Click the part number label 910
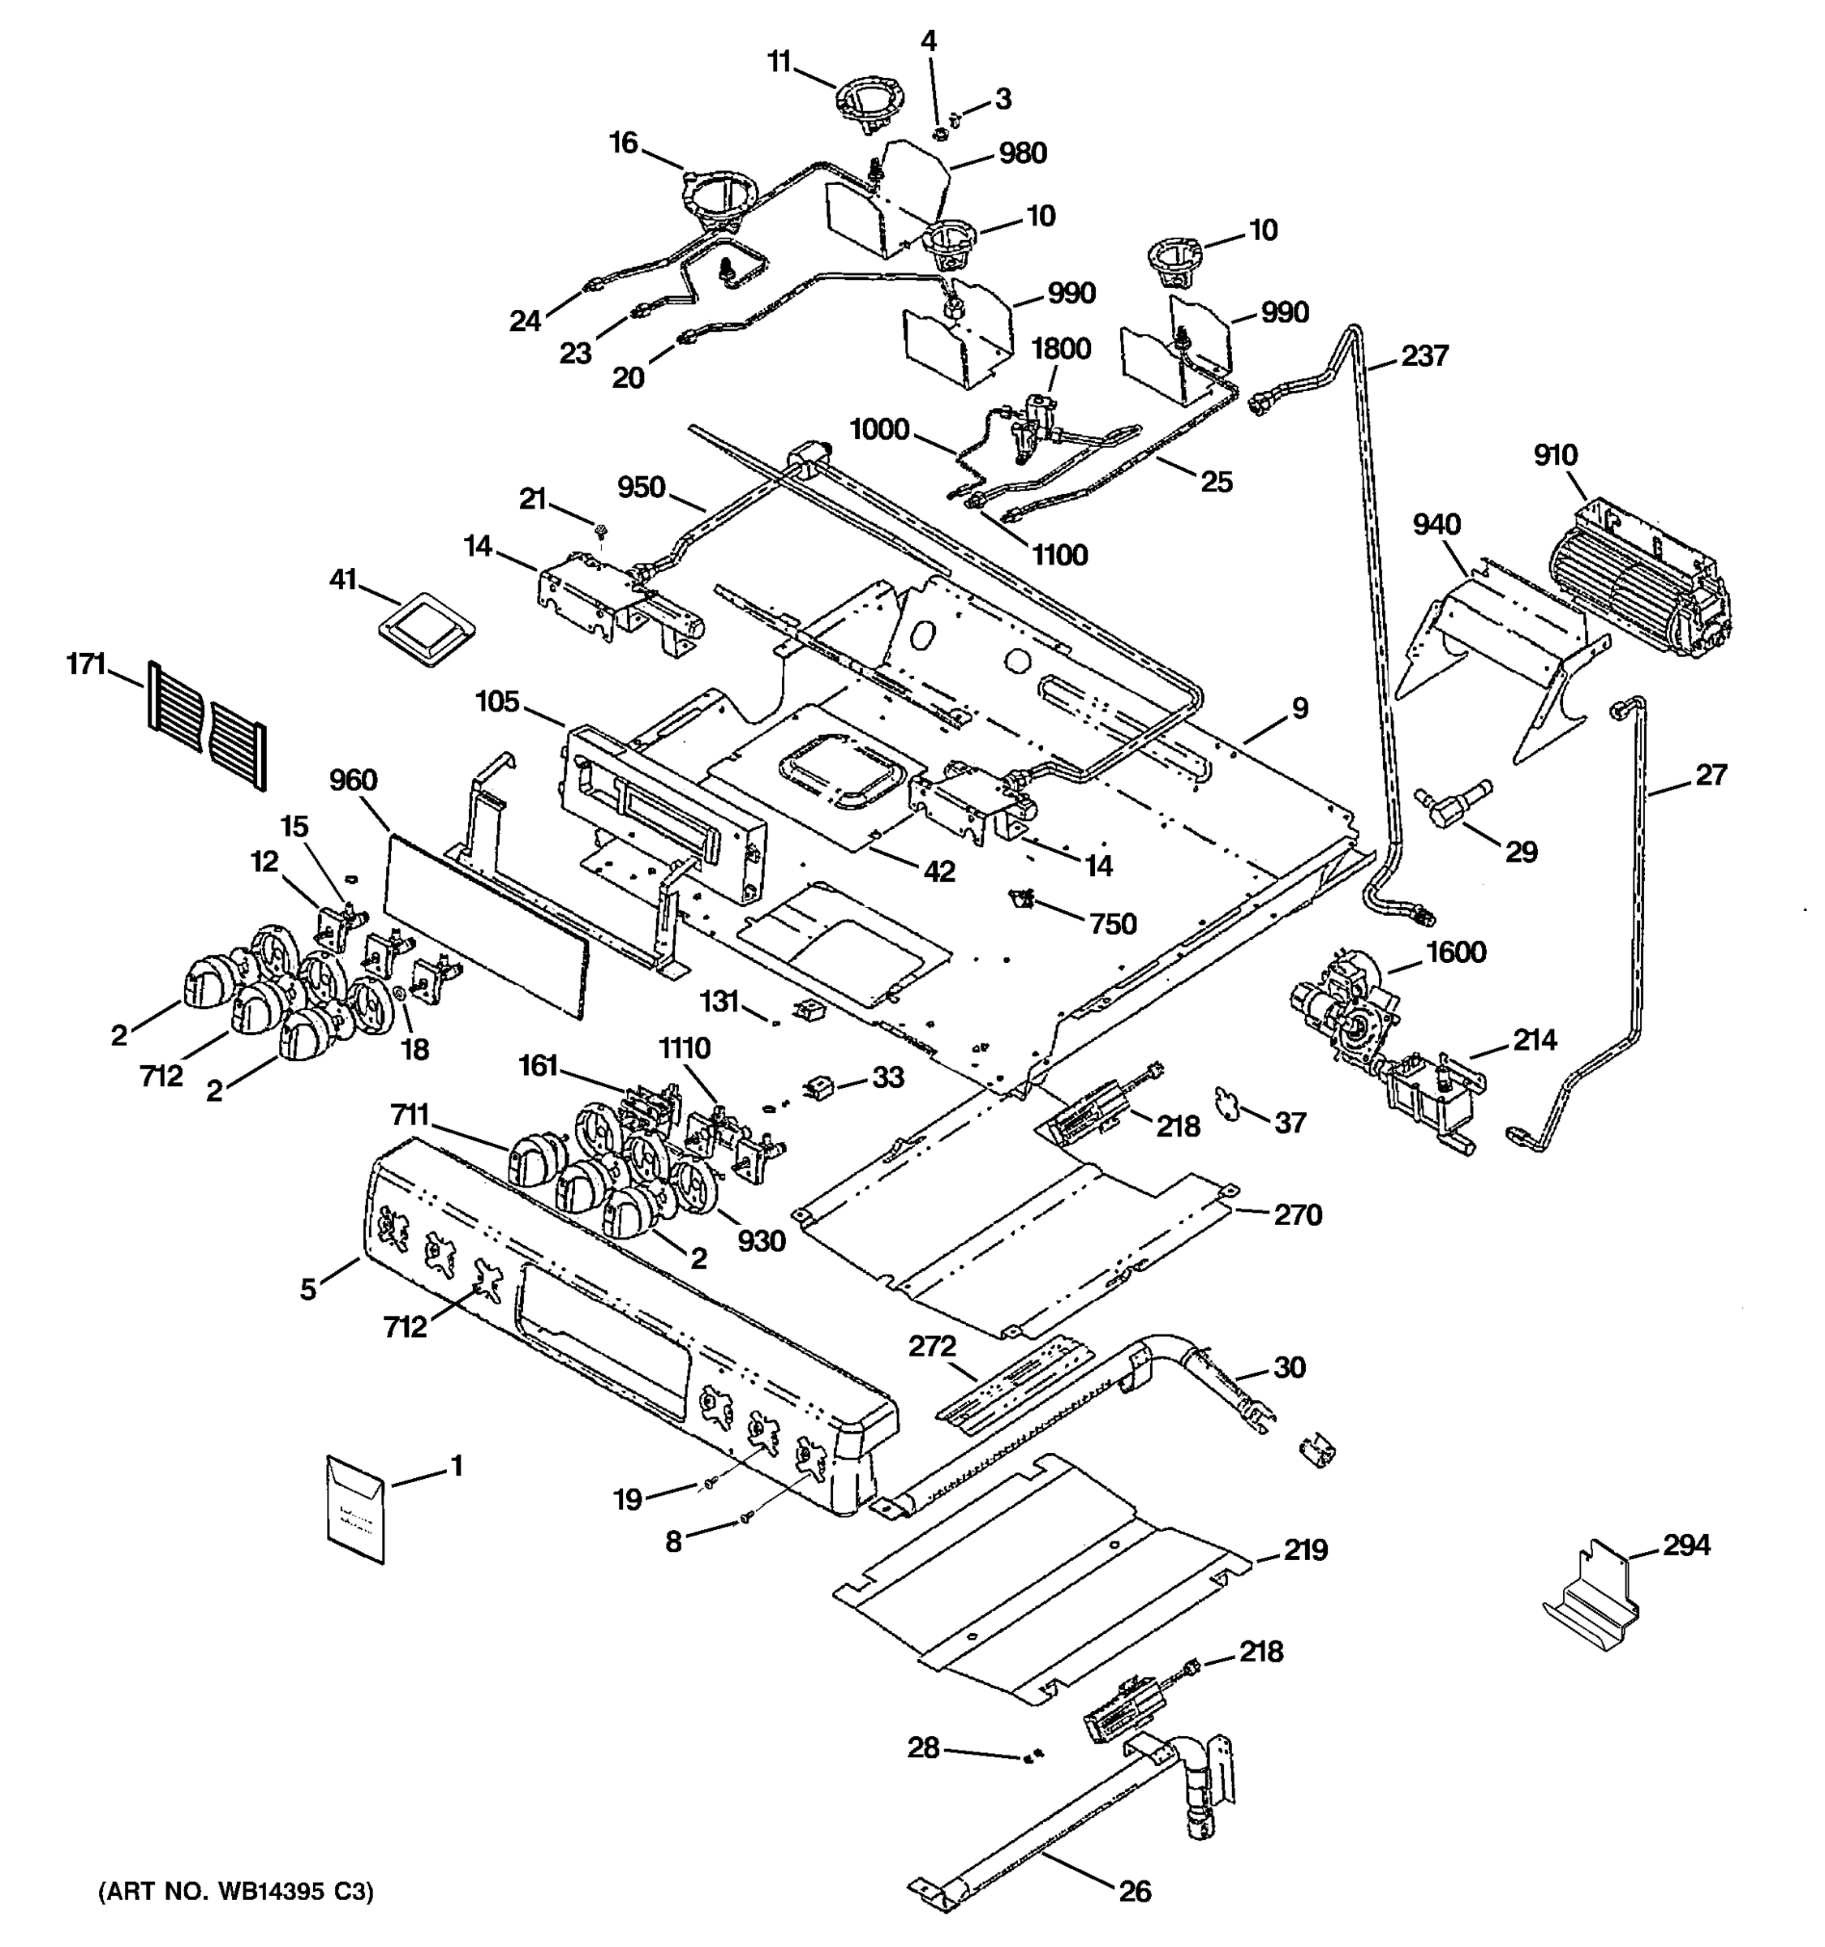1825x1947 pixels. pos(1556,455)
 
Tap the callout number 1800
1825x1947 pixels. pos(1061,349)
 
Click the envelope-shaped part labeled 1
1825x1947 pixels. pos(354,1508)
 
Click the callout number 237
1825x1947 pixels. pos(1424,355)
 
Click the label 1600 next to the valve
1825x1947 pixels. pos(1456,952)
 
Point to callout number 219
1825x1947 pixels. pos(1305,1550)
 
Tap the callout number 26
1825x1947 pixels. pos(1135,1891)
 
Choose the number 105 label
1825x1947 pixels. pos(497,703)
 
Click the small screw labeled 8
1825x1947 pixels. pos(747,1518)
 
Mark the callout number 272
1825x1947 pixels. pos(931,1347)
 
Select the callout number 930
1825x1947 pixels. pos(761,1241)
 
